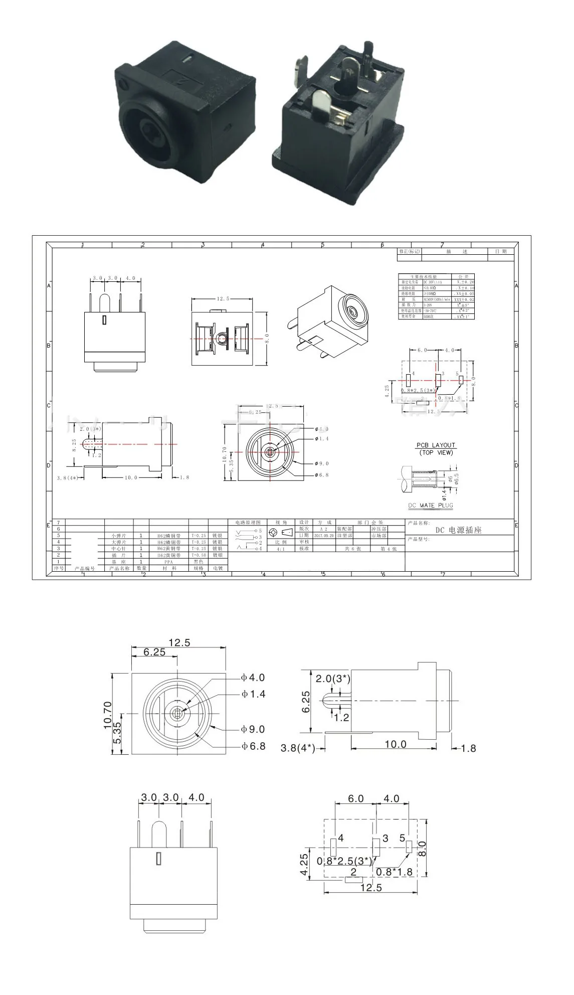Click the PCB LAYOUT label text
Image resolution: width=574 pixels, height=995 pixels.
click(x=436, y=445)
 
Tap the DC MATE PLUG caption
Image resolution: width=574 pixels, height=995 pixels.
click(x=430, y=505)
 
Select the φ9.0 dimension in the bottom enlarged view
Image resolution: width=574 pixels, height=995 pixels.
click(x=253, y=729)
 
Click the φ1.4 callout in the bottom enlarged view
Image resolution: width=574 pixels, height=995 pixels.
click(x=253, y=694)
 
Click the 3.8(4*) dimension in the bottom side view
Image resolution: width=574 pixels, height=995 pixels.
click(x=298, y=748)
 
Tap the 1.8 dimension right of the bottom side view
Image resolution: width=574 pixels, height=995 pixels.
click(x=468, y=748)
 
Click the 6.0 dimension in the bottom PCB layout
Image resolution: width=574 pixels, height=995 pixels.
click(x=355, y=798)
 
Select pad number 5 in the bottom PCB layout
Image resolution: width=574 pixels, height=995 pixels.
click(x=402, y=838)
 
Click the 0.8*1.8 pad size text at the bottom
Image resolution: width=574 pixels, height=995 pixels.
click(x=394, y=872)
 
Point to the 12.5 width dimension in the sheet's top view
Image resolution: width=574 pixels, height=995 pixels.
click(x=223, y=298)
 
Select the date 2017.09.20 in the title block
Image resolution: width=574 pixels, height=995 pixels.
click(x=324, y=536)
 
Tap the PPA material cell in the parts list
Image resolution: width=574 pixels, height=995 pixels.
click(x=168, y=562)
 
